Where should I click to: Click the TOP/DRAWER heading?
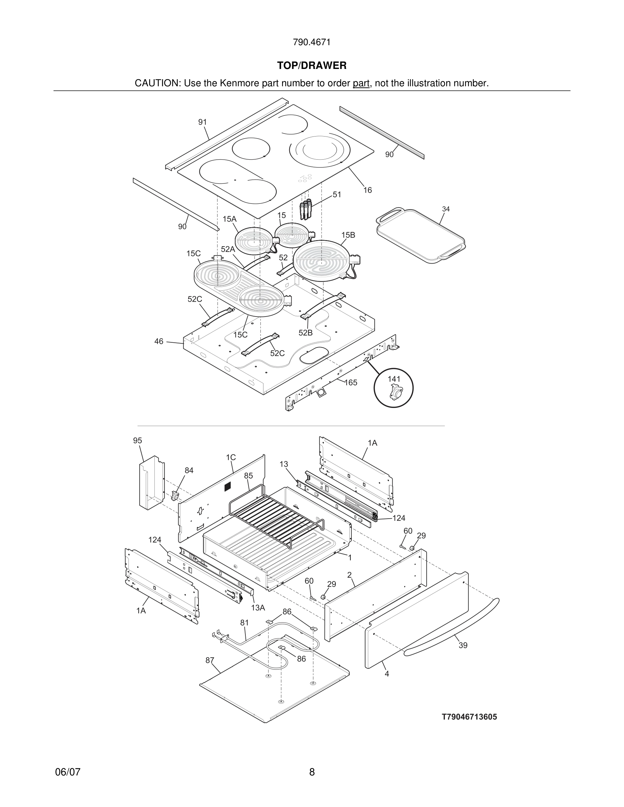(x=312, y=66)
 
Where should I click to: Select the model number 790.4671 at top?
(x=312, y=42)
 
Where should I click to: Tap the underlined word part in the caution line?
(x=361, y=83)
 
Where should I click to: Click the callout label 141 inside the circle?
(x=394, y=379)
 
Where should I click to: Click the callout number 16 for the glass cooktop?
(x=367, y=190)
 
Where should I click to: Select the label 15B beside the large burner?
(x=348, y=235)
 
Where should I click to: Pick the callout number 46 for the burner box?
(x=159, y=341)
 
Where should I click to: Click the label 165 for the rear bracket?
(x=351, y=382)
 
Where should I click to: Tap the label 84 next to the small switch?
(x=189, y=470)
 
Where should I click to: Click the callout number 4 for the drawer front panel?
(x=387, y=674)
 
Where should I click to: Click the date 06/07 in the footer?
(x=68, y=772)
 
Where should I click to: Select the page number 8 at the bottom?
(x=312, y=772)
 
